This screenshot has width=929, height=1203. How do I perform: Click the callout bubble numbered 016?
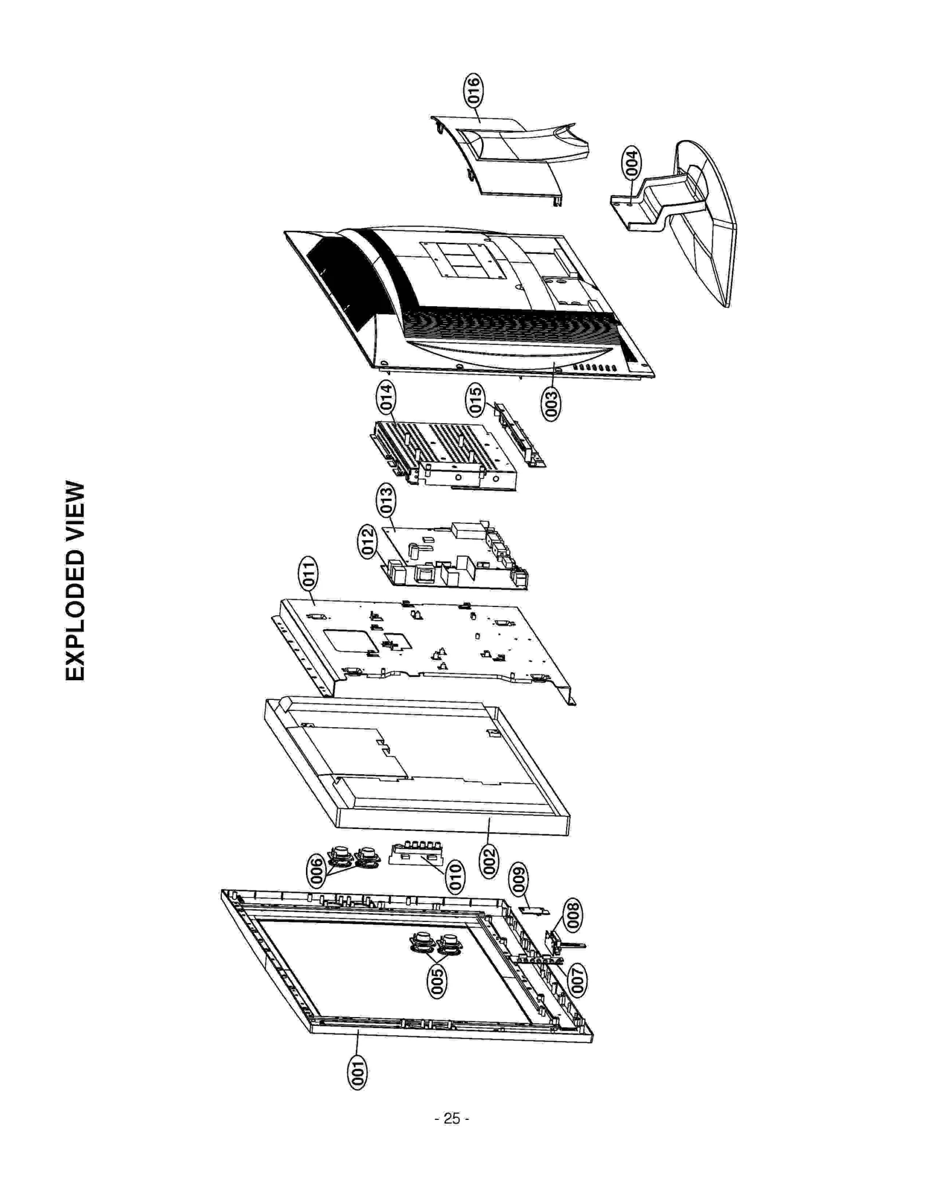point(473,90)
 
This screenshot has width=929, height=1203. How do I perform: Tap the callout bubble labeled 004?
point(631,163)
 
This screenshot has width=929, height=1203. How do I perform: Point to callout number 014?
point(385,397)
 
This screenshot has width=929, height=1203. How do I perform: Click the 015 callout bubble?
point(475,400)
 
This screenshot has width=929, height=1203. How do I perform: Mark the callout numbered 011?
point(308,574)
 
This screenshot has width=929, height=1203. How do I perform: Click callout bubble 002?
point(488,862)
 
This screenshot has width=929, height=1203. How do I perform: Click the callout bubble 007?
point(577,980)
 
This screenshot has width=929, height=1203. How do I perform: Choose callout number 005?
point(437,981)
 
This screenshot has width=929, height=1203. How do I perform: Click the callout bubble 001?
point(357,1073)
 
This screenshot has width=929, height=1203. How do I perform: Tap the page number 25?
point(452,1118)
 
